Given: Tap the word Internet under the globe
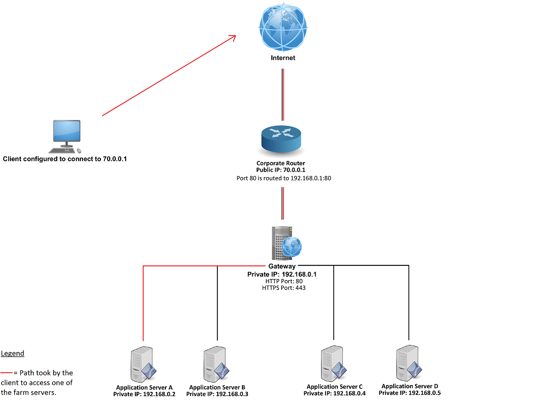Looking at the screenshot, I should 283,58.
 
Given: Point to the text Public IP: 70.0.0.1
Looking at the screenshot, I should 281,170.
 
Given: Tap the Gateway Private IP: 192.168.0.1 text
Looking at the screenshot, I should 282,274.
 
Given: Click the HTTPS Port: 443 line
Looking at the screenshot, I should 282,287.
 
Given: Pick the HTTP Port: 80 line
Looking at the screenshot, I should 282,281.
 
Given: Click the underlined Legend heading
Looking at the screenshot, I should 13,353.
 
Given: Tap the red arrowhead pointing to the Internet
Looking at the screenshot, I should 233,38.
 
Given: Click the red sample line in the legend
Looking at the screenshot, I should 7,373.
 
